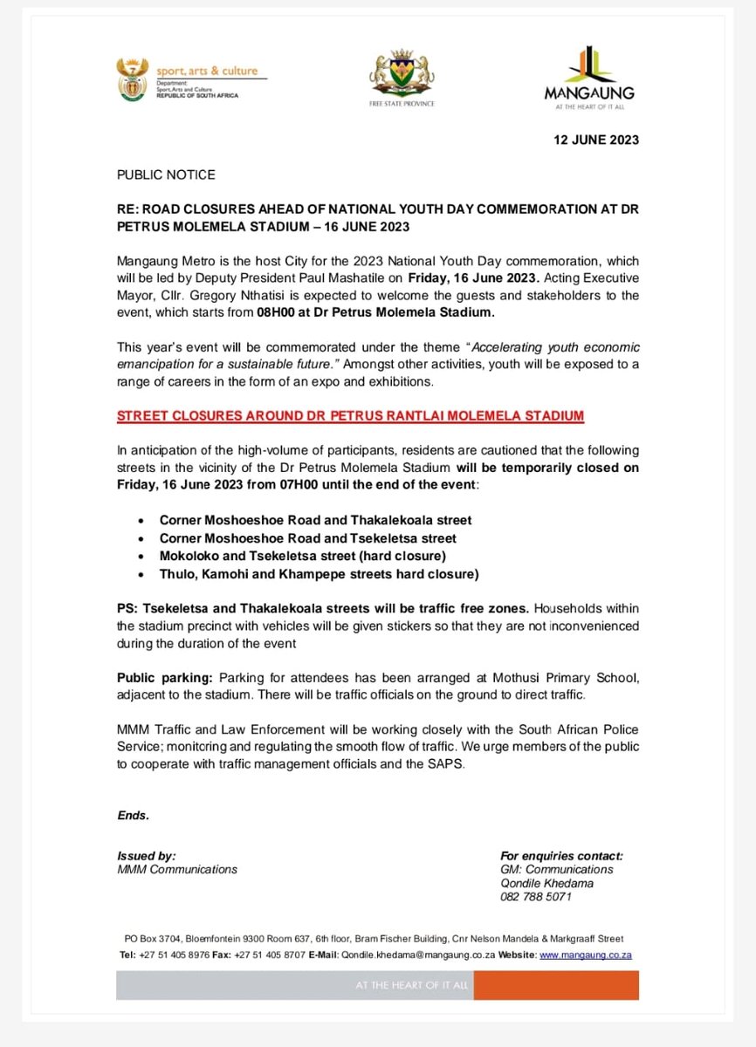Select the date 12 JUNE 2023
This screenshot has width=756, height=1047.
(596, 140)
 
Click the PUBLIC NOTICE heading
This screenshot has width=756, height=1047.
(166, 174)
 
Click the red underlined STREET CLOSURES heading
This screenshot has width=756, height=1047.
(350, 416)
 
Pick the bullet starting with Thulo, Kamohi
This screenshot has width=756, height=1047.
(319, 573)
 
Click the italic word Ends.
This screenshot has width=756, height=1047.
(134, 816)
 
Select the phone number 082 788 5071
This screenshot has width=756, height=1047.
(535, 896)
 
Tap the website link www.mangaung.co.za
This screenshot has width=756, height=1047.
(585, 955)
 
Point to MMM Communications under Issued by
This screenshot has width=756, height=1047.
(177, 869)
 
